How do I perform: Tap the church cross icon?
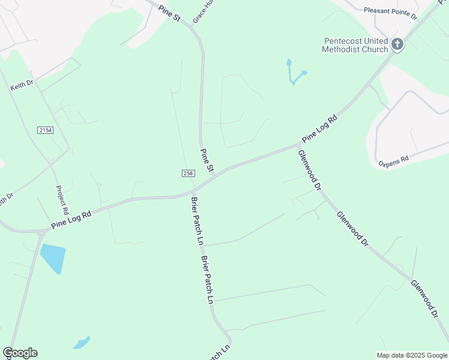click(x=397, y=44)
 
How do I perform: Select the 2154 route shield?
click(x=44, y=130)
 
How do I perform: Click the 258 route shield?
click(x=188, y=173)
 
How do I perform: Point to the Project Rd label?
click(x=61, y=200)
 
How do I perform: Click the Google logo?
click(x=20, y=353)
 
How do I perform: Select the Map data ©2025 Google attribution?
click(x=412, y=355)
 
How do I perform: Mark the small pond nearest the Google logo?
click(x=81, y=343)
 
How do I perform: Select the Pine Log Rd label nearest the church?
click(x=320, y=128)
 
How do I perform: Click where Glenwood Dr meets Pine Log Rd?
click(x=298, y=145)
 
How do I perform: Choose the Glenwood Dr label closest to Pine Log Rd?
click(x=309, y=170)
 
